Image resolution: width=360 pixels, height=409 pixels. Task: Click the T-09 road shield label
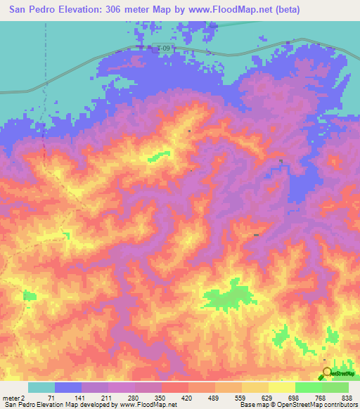163,48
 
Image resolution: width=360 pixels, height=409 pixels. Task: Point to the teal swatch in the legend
41,387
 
